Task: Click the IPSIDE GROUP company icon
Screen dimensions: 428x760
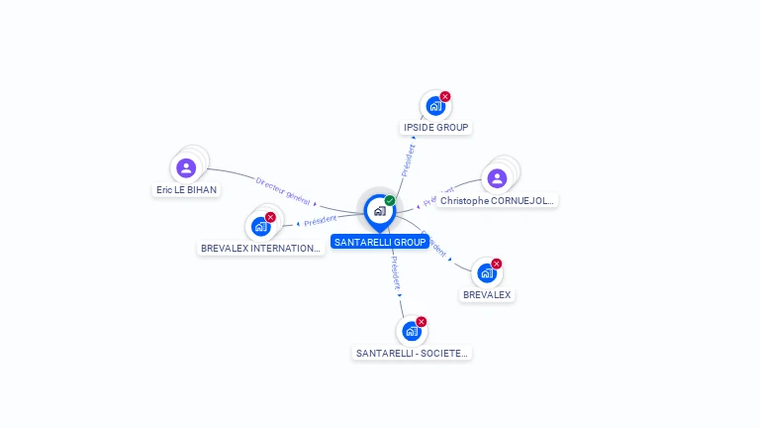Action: pyautogui.click(x=434, y=106)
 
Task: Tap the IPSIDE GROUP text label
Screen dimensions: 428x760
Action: pyautogui.click(x=435, y=128)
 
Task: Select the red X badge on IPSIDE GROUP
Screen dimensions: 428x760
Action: pyautogui.click(x=445, y=96)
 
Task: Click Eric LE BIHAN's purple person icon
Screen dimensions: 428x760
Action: pyautogui.click(x=186, y=167)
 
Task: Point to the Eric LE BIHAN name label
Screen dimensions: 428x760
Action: pyautogui.click(x=186, y=189)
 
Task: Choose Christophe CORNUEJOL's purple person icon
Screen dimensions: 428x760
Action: pyautogui.click(x=497, y=178)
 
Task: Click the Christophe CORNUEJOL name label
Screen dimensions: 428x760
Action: pyautogui.click(x=498, y=200)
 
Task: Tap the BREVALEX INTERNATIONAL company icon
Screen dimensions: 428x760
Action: pyautogui.click(x=260, y=227)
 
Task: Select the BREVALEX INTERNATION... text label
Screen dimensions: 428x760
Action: pyautogui.click(x=260, y=248)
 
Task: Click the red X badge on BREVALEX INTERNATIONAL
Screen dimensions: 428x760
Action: pyautogui.click(x=270, y=217)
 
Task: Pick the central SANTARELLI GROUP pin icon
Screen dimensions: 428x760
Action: pyautogui.click(x=379, y=211)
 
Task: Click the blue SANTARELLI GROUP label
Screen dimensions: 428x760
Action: pyautogui.click(x=380, y=242)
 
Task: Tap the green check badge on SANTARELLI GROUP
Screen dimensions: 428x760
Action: pyautogui.click(x=390, y=201)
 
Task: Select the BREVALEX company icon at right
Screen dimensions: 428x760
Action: pyautogui.click(x=486, y=273)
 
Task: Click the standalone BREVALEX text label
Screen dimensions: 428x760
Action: pyautogui.click(x=487, y=295)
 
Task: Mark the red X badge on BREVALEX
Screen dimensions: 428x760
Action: pyautogui.click(x=497, y=264)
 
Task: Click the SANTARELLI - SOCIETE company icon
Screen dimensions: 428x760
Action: pyautogui.click(x=411, y=331)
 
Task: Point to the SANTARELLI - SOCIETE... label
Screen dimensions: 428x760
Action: pyautogui.click(x=412, y=353)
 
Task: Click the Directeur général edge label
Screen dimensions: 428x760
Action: pyautogui.click(x=283, y=191)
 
